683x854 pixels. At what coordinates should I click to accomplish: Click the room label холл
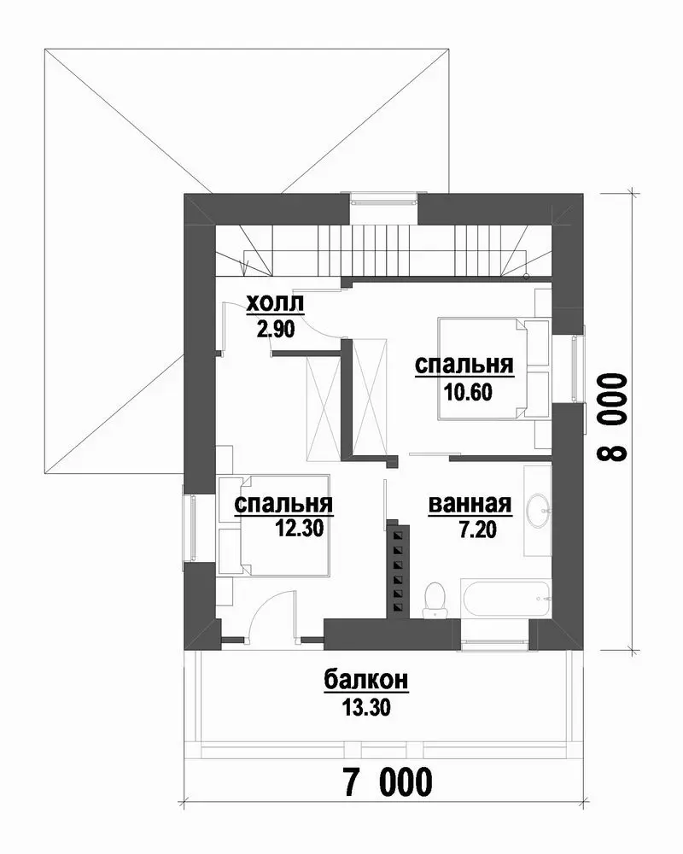275,304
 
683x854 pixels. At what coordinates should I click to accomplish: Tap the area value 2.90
276,329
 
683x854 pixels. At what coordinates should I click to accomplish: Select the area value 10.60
469,392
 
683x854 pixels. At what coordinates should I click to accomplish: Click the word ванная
470,505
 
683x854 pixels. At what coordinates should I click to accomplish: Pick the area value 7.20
477,529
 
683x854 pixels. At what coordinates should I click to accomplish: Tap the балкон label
366,681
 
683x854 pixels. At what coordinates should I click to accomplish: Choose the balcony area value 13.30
366,707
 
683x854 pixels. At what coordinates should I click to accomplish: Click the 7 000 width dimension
388,782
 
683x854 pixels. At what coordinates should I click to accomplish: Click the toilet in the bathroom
435,600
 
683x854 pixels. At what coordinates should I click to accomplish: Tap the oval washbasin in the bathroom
538,511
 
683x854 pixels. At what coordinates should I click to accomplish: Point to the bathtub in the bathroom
506,600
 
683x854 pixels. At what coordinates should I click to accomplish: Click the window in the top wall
382,199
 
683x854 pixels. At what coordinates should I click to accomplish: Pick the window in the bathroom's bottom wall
495,644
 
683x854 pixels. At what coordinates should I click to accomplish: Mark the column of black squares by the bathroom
399,570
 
